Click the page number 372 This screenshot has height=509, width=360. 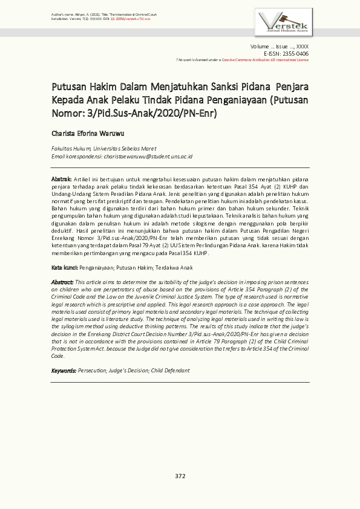180,476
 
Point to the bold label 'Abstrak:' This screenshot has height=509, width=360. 61,179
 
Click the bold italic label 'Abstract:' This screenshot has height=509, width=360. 62,282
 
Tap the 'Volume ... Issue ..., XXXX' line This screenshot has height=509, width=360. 279,47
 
